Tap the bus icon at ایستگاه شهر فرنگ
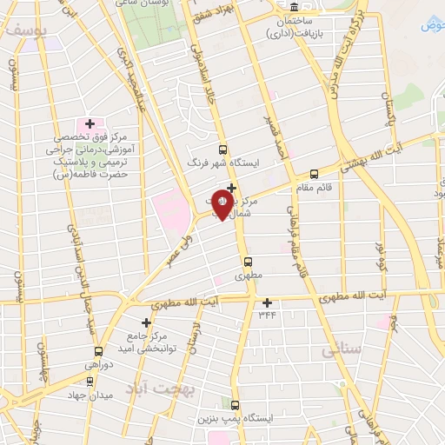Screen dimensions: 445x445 pyautogui.click(x=222, y=149)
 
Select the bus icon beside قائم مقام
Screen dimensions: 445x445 pyautogui.click(x=313, y=174)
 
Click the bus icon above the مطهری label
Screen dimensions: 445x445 pyautogui.click(x=248, y=261)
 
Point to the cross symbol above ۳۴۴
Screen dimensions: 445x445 pyautogui.click(x=267, y=302)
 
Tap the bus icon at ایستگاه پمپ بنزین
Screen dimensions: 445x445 pyautogui.click(x=235, y=405)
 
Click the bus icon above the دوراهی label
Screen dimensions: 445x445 pyautogui.click(x=98, y=352)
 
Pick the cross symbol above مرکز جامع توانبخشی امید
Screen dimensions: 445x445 pyautogui.click(x=146, y=322)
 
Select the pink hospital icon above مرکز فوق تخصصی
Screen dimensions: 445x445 pyautogui.click(x=90, y=123)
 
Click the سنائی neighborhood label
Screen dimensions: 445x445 pyautogui.click(x=341, y=350)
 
